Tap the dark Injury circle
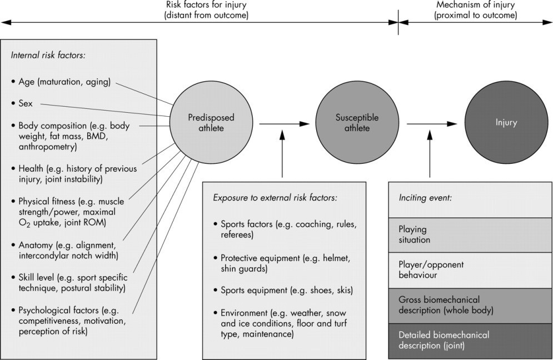pos(506,123)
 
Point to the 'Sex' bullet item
pos(26,103)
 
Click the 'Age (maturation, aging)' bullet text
pos(64,82)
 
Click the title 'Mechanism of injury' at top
pos(476,6)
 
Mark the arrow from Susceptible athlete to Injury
pos(430,123)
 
